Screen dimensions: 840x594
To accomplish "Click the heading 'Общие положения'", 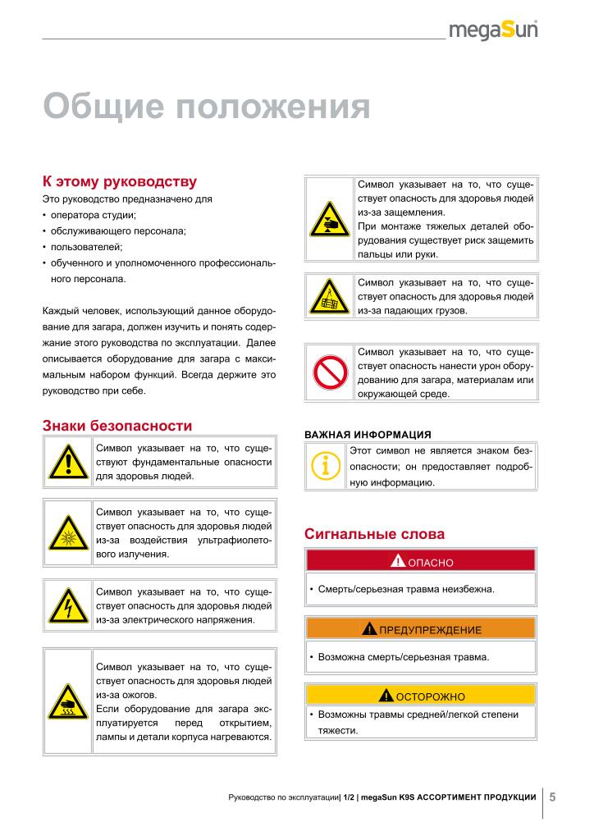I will (x=206, y=107).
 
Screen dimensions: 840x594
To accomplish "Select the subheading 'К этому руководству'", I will (x=119, y=181).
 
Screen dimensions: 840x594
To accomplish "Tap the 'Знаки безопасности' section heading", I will (x=117, y=426).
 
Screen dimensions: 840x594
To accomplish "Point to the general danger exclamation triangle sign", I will (x=67, y=462).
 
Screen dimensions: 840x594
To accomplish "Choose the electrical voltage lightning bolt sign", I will (x=67, y=605).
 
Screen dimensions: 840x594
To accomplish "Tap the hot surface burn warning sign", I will (x=67, y=701).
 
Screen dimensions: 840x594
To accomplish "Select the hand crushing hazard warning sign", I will (x=329, y=219).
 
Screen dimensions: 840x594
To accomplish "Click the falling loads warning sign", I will (x=329, y=297).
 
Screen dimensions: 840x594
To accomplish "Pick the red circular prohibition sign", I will (x=329, y=372).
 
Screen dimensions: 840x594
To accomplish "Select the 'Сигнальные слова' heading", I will (x=374, y=534).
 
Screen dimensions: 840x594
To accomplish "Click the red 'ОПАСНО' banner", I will (x=420, y=561).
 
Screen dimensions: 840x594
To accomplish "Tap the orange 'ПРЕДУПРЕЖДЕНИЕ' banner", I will (x=420, y=629).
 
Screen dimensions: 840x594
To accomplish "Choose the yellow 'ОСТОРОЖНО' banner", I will (x=420, y=696).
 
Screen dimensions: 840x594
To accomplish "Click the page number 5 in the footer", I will (x=552, y=797).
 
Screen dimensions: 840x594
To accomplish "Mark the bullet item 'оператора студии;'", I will (x=93, y=215).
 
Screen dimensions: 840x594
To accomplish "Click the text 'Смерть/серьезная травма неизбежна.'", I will (x=406, y=589).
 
